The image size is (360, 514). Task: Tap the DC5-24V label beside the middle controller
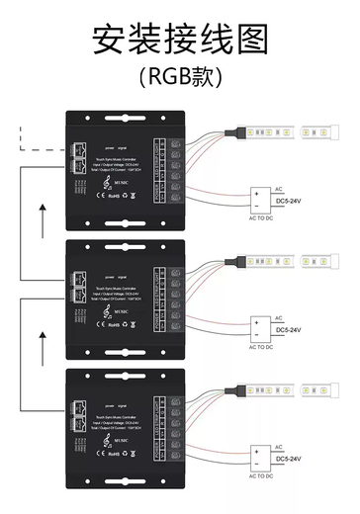295,329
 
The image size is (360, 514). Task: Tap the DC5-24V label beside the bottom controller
295,459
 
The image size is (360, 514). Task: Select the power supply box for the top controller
259,198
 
